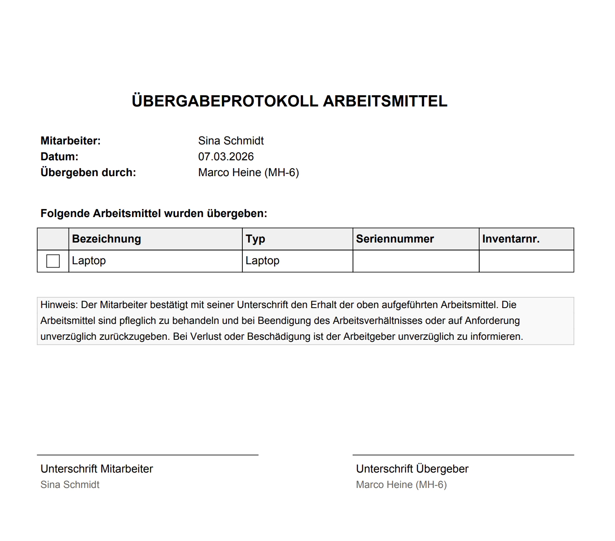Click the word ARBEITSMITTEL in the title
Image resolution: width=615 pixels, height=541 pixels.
[x=385, y=101]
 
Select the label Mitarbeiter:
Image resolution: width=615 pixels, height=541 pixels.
[x=71, y=141]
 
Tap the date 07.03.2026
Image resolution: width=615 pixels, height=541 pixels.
[x=226, y=157]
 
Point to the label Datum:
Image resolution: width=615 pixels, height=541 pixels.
[x=59, y=157]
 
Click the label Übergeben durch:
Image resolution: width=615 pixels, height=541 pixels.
[x=88, y=172]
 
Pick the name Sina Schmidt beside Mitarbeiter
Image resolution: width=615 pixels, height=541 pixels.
[x=231, y=141]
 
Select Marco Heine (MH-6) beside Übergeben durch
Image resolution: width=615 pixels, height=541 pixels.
[x=248, y=172]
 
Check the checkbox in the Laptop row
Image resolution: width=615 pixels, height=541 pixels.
[x=53, y=261]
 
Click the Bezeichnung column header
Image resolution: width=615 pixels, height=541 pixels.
[x=107, y=239]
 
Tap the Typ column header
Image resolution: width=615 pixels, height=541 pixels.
[x=255, y=239]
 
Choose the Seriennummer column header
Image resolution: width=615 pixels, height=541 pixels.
[x=395, y=239]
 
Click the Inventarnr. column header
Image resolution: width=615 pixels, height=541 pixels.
[x=511, y=239]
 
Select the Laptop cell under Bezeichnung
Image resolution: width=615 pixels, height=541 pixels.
[x=89, y=261]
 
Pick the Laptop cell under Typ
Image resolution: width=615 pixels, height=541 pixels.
[x=262, y=261]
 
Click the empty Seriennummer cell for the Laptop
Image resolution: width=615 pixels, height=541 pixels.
[x=416, y=261]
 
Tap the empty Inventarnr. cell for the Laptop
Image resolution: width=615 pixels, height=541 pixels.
[x=526, y=261]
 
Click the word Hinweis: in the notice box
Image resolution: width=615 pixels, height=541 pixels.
[x=59, y=305]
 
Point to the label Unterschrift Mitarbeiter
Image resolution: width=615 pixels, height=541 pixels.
[x=97, y=469]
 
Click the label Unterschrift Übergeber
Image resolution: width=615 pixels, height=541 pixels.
[x=412, y=469]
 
